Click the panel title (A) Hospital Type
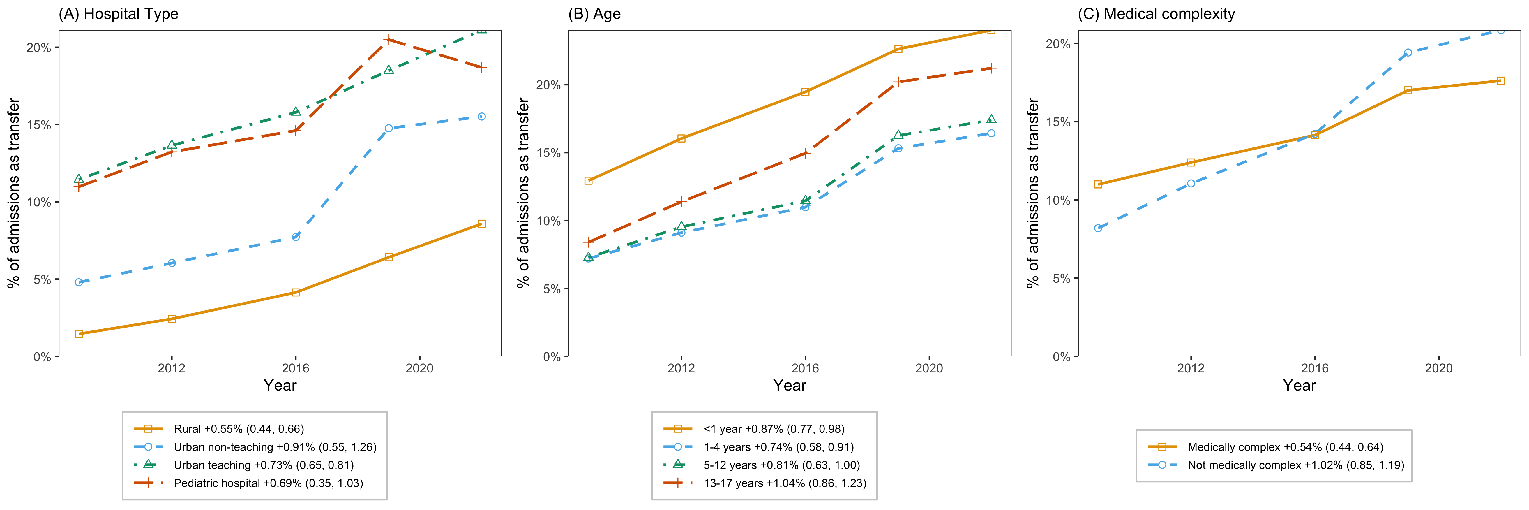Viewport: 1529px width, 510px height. tap(118, 14)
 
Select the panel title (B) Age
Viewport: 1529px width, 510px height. tap(594, 14)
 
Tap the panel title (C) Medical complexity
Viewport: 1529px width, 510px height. tap(1156, 14)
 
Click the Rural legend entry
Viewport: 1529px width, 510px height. tap(219, 429)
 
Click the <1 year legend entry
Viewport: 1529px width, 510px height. tap(754, 429)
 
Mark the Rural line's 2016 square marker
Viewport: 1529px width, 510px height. tap(296, 292)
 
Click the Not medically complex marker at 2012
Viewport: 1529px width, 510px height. tap(1191, 184)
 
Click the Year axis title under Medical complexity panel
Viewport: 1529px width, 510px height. tap(1299, 385)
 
